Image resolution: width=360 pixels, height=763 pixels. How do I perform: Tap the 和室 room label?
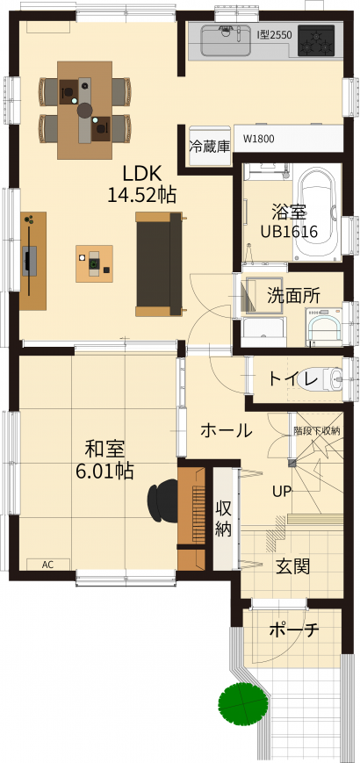pyautogui.click(x=104, y=450)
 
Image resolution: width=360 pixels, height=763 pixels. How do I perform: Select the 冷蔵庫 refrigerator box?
pyautogui.click(x=209, y=147)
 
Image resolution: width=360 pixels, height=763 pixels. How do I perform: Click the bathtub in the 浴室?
pyautogui.click(x=316, y=212)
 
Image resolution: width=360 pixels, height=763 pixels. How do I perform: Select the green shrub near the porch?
pyautogui.click(x=242, y=704)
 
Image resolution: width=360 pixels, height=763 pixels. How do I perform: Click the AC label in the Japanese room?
pyautogui.click(x=47, y=565)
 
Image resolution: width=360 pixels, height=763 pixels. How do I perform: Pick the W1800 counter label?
pyautogui.click(x=259, y=139)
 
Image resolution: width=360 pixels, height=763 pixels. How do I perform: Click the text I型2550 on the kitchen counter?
pyautogui.click(x=274, y=35)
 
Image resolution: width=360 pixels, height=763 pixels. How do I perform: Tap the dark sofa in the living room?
pyautogui.click(x=159, y=264)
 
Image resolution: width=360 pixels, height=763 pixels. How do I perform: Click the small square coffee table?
pyautogui.click(x=94, y=263)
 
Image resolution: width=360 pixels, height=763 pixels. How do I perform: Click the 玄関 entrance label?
pyautogui.click(x=293, y=566)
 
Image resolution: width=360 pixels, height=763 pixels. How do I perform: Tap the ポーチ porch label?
pyautogui.click(x=294, y=630)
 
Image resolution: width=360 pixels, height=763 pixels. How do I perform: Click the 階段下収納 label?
pyautogui.click(x=316, y=430)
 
